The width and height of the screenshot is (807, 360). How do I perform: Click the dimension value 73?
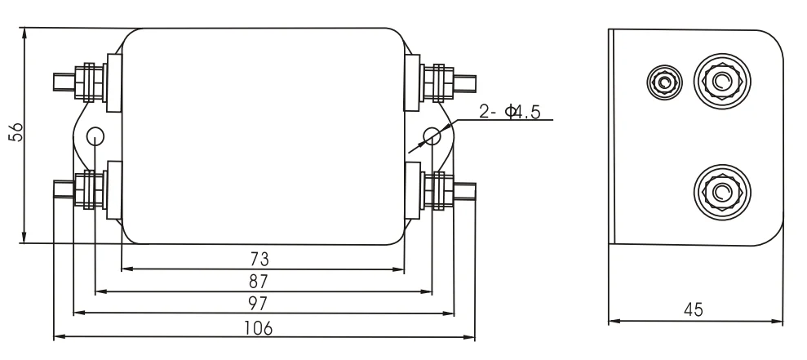(x=259, y=260)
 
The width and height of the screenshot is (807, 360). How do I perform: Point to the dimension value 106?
(x=259, y=327)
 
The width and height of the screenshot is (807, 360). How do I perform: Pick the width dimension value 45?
(x=694, y=310)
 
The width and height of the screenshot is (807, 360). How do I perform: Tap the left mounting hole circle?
(x=95, y=136)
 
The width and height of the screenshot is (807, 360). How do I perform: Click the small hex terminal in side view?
(x=663, y=81)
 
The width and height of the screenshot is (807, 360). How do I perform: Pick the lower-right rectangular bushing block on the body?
(x=412, y=190)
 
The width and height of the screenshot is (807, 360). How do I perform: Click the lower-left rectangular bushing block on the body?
(x=114, y=190)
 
